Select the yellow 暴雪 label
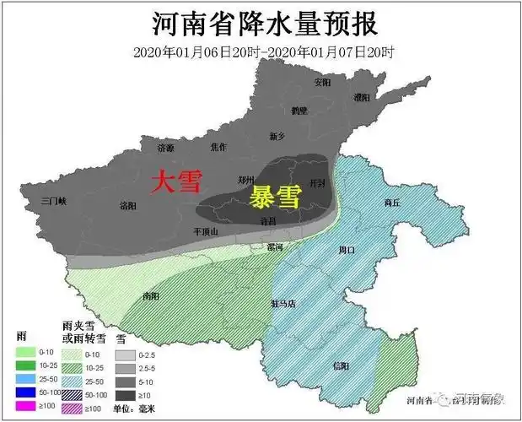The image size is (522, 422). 274,197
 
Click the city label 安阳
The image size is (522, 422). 322,84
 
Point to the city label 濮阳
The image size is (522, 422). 362,99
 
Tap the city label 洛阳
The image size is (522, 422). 128,205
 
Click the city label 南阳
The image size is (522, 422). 151,296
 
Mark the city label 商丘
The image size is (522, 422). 392,203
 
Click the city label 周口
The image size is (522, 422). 347,250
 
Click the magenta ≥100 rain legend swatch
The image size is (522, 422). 25,406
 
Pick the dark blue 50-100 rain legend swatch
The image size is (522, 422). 25,392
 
